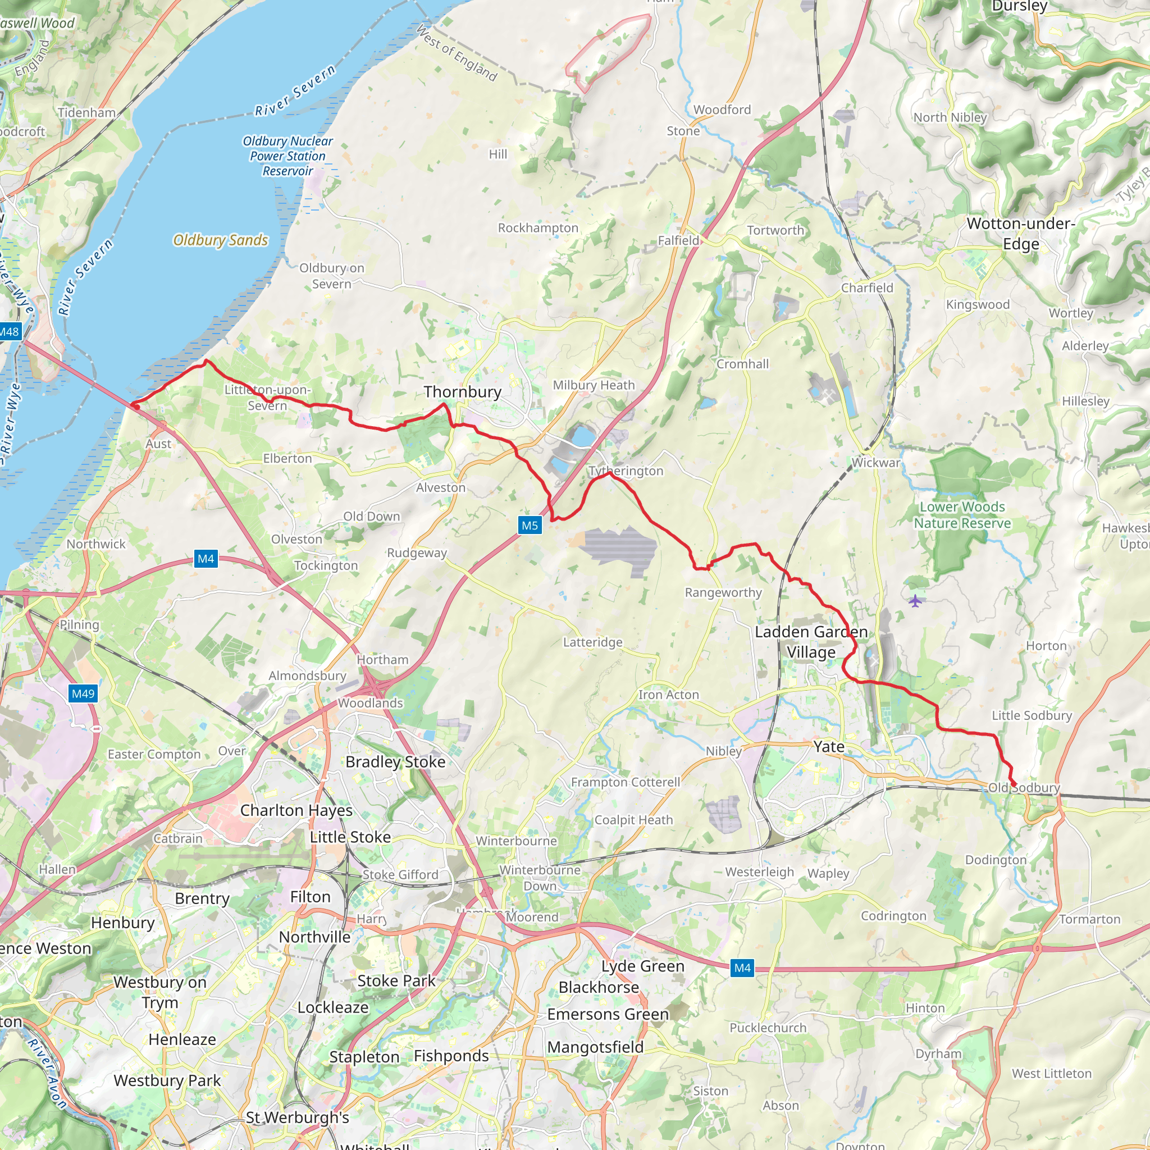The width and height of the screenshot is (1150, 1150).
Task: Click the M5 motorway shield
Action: (529, 525)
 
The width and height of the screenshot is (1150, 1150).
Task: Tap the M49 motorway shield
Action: (83, 693)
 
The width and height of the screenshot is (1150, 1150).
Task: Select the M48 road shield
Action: (10, 331)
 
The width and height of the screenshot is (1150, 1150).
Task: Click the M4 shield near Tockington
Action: (206, 558)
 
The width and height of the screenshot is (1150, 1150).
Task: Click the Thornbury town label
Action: (463, 392)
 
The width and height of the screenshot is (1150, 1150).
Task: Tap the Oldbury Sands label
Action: (220, 240)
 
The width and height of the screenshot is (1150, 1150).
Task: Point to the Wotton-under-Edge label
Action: (1020, 234)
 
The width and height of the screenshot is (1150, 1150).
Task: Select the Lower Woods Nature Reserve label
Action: (962, 515)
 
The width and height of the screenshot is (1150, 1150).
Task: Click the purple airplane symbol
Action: (915, 601)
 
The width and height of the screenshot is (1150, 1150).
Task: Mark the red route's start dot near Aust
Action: (136, 407)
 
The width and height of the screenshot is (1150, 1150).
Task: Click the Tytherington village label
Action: (626, 471)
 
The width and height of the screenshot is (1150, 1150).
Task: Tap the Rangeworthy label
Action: (723, 592)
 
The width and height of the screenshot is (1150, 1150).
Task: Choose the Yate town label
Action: (829, 746)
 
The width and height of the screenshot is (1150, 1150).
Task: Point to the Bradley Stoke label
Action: (395, 762)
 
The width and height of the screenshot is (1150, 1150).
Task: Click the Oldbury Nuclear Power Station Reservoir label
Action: (287, 156)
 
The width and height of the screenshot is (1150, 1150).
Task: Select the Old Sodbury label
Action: (1024, 787)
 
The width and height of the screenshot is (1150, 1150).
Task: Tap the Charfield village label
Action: (866, 288)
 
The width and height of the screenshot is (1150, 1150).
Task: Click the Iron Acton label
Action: (668, 695)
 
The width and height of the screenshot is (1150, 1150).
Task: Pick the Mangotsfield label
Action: (595, 1047)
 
